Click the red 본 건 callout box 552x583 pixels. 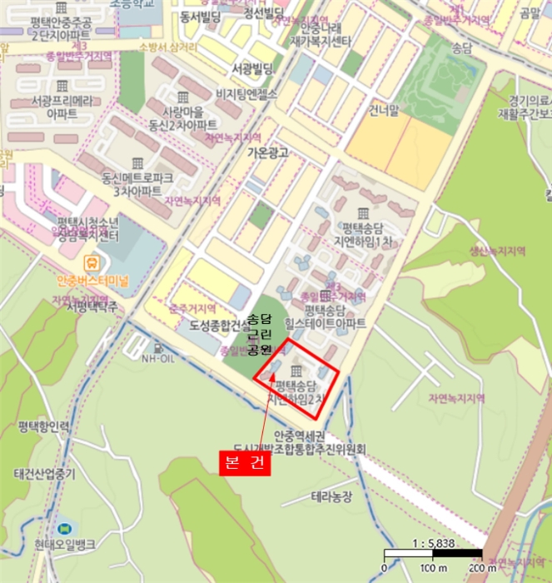tap(246, 464)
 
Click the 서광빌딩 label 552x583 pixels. tap(254, 68)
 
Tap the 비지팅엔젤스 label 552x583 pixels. tap(256, 94)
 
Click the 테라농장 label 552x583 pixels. tap(332, 496)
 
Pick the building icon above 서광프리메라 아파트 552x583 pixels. tap(62, 87)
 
